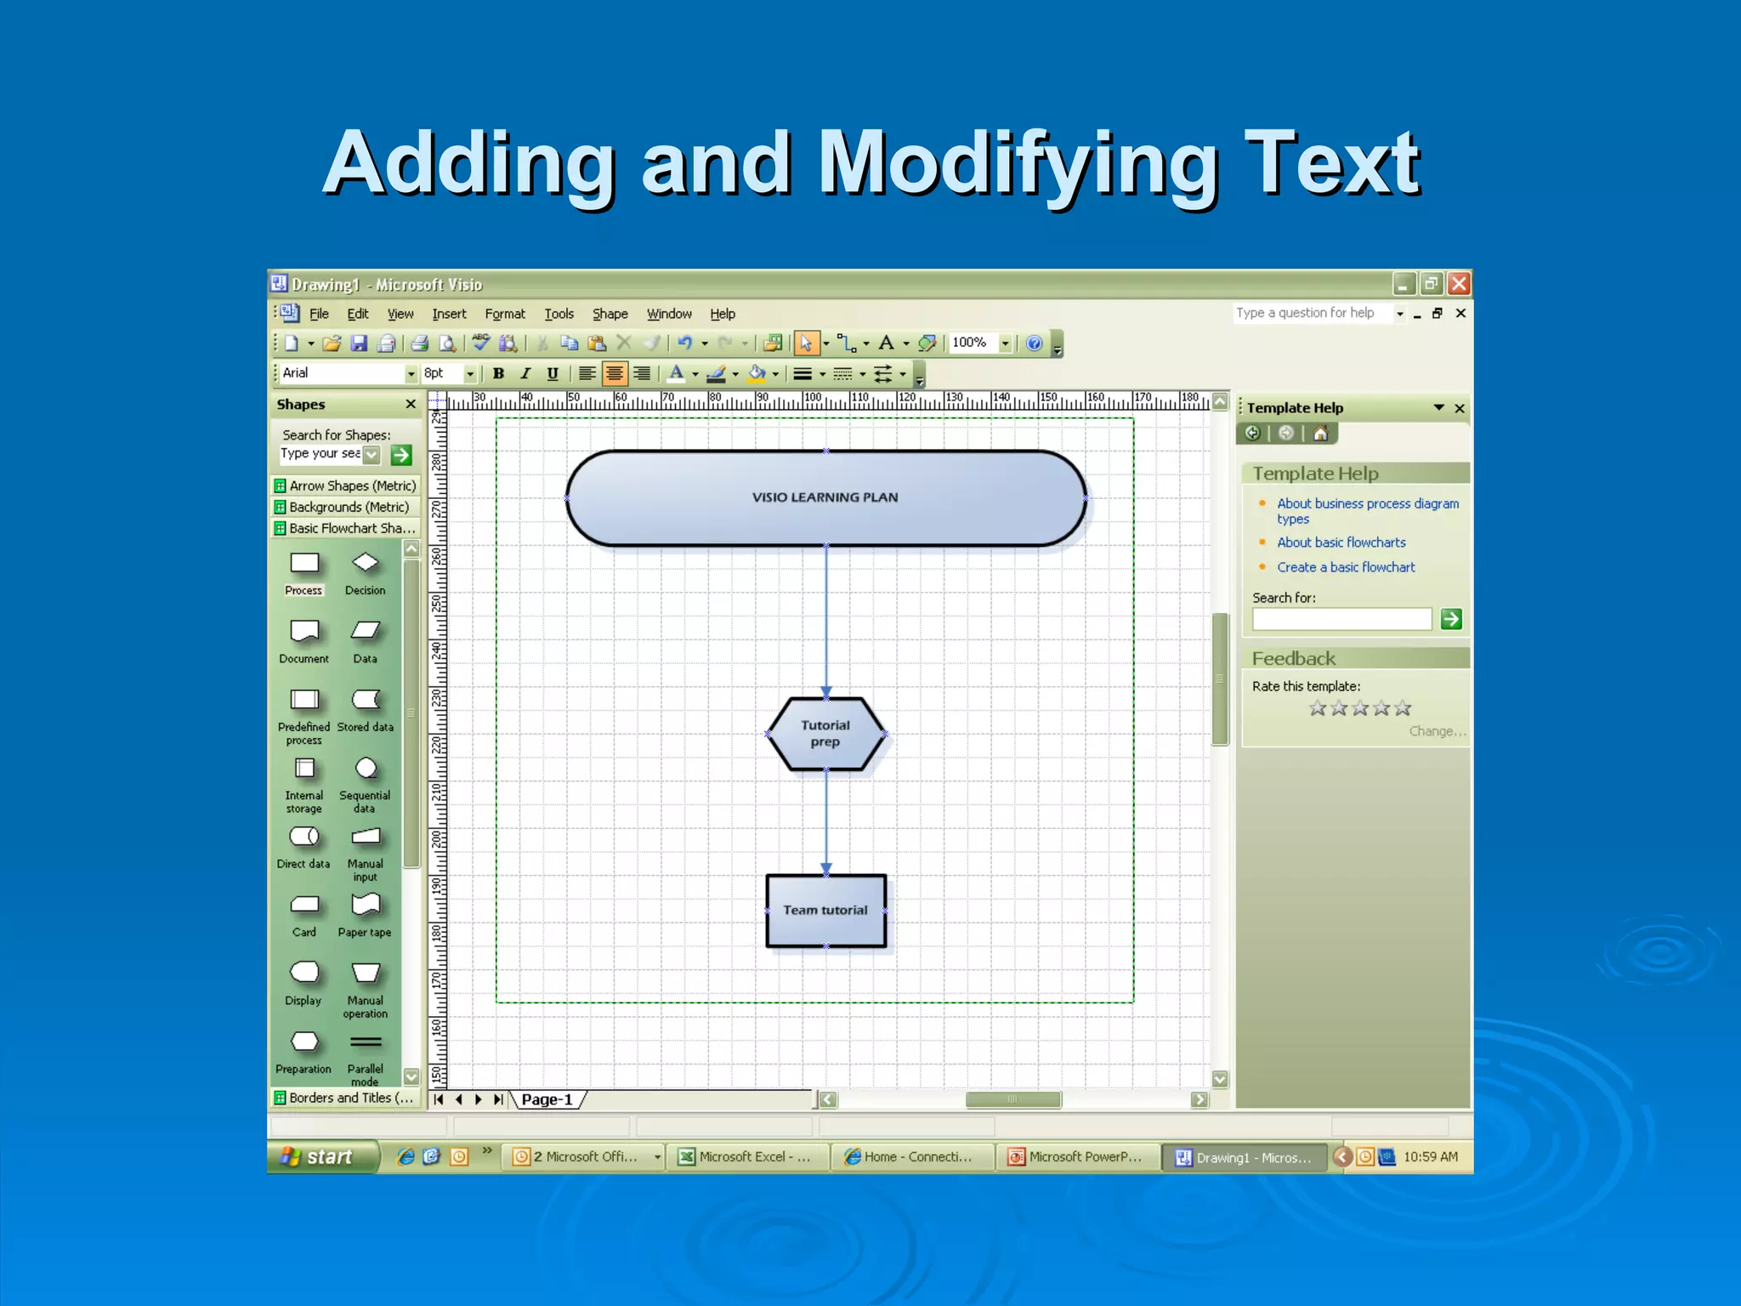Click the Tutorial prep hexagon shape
coord(825,734)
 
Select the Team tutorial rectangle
coord(825,910)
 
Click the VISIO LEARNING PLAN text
coord(825,497)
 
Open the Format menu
coord(505,314)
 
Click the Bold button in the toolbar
coord(499,373)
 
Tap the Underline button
coord(553,373)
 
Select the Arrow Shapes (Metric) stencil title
coord(352,485)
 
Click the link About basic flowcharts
coord(1341,542)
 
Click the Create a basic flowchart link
coord(1346,567)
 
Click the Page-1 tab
coord(547,1099)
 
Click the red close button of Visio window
coord(1459,284)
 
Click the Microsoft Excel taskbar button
coord(746,1157)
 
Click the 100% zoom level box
coord(971,343)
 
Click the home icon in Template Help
coord(1320,434)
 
